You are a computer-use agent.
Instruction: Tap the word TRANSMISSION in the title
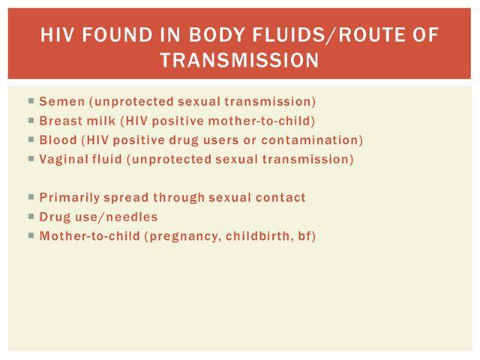[240, 60]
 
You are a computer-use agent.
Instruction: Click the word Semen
[61, 102]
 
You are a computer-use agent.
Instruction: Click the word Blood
[58, 140]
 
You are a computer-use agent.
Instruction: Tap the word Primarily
[70, 198]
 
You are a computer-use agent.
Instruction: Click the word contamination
[310, 140]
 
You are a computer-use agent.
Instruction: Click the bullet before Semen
[31, 100]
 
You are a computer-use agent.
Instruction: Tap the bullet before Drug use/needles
[31, 217]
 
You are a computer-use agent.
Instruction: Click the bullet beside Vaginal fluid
[31, 158]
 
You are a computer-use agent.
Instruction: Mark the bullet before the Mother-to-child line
[31, 235]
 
